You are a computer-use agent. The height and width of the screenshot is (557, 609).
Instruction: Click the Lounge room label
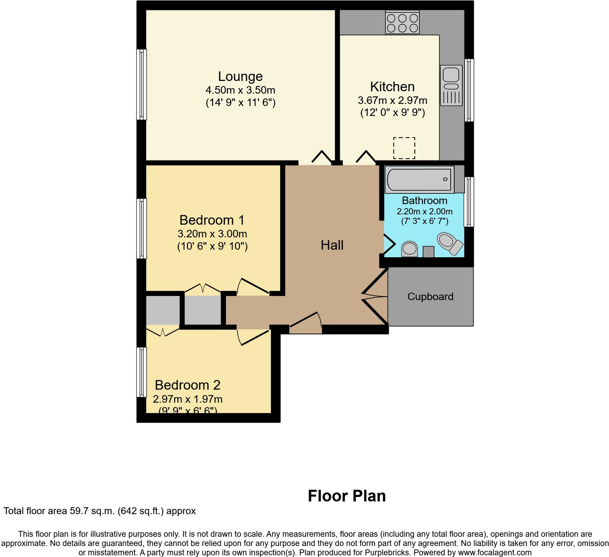[240, 76]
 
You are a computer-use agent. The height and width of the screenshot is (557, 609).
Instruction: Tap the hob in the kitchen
[403, 22]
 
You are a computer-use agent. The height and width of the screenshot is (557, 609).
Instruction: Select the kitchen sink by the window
[451, 85]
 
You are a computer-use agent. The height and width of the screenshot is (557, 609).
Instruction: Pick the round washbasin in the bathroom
[409, 249]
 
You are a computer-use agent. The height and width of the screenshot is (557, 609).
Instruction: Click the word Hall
[332, 245]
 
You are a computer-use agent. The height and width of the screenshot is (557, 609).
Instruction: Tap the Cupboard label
[430, 297]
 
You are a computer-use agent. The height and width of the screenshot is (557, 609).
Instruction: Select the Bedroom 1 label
[212, 220]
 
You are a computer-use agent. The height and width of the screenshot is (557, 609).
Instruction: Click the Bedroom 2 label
[188, 385]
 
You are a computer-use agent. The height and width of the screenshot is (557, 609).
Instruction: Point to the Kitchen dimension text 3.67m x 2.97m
[392, 100]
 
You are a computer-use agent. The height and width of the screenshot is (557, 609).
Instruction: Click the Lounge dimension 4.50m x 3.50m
[240, 90]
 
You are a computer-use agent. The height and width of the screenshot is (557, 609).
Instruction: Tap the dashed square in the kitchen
[404, 148]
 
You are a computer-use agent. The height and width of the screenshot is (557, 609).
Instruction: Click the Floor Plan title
[347, 496]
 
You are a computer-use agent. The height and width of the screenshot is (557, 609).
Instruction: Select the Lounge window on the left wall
[142, 84]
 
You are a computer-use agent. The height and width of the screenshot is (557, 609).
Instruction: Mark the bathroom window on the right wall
[469, 202]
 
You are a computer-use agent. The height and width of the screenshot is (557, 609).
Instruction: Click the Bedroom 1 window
[142, 229]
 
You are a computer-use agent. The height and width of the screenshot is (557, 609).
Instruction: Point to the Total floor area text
[100, 511]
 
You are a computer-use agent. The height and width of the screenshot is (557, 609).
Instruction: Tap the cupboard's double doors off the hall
[375, 296]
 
